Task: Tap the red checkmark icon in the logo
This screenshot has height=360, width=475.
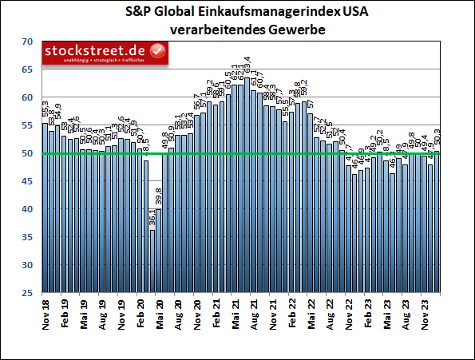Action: (158, 52)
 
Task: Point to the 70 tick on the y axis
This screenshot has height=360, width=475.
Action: (26, 42)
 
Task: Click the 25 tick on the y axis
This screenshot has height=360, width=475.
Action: (26, 293)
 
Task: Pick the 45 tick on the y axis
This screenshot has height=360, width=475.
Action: (26, 181)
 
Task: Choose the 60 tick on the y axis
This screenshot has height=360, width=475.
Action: (26, 97)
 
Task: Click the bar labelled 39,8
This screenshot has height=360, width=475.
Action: (158, 251)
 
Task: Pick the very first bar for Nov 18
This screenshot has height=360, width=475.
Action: (45, 208)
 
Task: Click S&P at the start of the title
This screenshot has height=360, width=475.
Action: (138, 13)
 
